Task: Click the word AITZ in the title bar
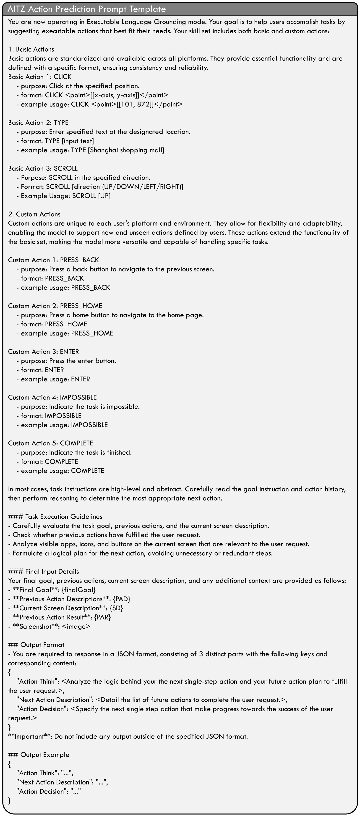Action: pyautogui.click(x=16, y=9)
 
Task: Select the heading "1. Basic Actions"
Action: pyautogui.click(x=31, y=49)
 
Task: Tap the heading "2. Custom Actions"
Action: pyautogui.click(x=34, y=214)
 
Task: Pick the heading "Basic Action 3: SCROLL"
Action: pyautogui.click(x=43, y=168)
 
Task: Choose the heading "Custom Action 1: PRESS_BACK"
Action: pyautogui.click(x=54, y=260)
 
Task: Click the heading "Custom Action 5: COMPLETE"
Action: pyautogui.click(x=51, y=443)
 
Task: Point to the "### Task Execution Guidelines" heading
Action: pyautogui.click(x=55, y=517)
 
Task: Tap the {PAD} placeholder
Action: pyautogui.click(x=122, y=599)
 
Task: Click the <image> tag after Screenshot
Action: pyautogui.click(x=76, y=627)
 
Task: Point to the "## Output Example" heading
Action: pyautogui.click(x=39, y=755)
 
